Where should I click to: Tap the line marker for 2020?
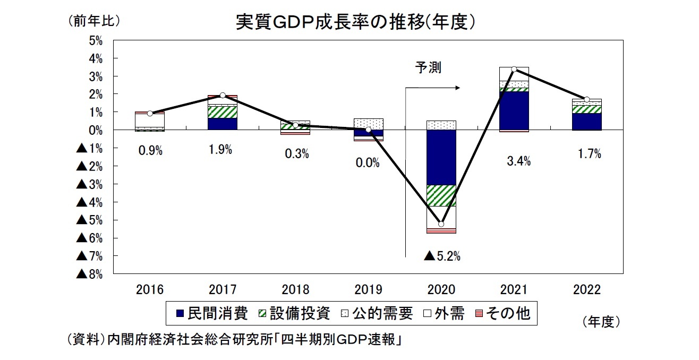tap(441, 224)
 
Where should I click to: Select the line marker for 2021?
tap(514, 69)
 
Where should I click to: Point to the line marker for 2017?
tap(223, 96)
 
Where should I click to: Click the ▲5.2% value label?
tap(442, 256)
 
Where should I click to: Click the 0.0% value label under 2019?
tap(368, 164)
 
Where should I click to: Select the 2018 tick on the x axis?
tap(295, 290)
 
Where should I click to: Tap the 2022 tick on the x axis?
tap(586, 290)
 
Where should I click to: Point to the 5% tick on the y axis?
tap(96, 41)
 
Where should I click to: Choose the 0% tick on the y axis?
tap(96, 130)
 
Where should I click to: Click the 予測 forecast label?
tap(429, 67)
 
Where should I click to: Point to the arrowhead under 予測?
tap(457, 88)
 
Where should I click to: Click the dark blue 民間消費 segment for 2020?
tap(441, 158)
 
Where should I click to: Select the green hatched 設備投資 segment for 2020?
tap(441, 195)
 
